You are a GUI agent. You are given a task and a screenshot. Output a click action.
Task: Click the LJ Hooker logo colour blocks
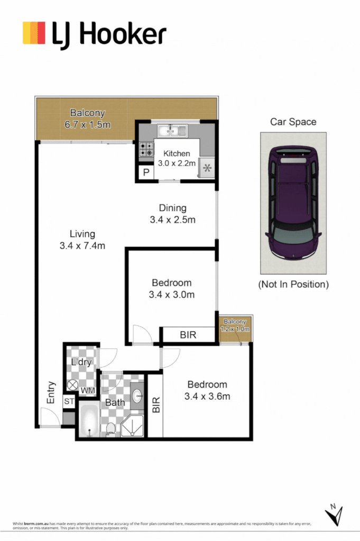point(34,33)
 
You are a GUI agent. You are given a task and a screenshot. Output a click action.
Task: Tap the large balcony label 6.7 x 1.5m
point(88,119)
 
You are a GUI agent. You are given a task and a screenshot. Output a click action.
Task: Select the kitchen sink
point(173,130)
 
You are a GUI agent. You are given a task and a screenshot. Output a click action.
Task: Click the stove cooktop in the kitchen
point(146,149)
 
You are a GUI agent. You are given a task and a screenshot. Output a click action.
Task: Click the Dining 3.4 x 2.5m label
point(172,214)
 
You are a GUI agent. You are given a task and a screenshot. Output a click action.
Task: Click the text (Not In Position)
point(293,285)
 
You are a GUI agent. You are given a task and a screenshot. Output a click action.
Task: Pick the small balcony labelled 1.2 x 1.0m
point(235,326)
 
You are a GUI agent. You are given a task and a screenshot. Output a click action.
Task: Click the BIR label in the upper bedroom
point(189,335)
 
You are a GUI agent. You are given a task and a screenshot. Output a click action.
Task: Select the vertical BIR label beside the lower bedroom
point(155,405)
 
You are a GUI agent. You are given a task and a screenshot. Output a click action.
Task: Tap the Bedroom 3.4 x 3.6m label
point(206,390)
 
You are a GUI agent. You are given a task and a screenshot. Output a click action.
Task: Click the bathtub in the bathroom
point(89,421)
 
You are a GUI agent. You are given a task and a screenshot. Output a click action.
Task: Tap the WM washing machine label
point(88,390)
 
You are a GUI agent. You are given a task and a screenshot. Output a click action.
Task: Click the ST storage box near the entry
point(69,402)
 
